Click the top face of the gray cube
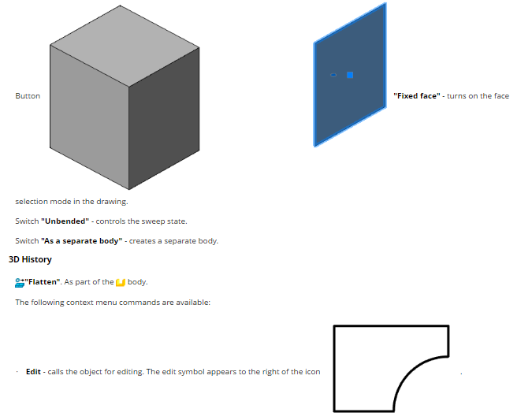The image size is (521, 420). [x=125, y=46]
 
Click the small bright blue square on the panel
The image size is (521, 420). [x=350, y=75]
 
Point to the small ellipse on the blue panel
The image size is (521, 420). [x=333, y=75]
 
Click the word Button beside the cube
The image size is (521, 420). [x=28, y=96]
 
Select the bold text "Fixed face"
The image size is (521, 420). [x=417, y=96]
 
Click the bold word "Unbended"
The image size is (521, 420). [x=65, y=221]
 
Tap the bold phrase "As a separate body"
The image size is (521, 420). [x=82, y=241]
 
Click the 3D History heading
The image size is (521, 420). [x=30, y=259]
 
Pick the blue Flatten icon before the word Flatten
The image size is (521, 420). [x=20, y=282]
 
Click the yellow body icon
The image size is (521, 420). [x=121, y=282]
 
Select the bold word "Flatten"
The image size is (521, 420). [x=43, y=282]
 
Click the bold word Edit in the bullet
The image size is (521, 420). [x=33, y=372]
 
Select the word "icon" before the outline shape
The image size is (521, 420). [x=314, y=372]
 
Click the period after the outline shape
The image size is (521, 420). [x=461, y=374]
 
